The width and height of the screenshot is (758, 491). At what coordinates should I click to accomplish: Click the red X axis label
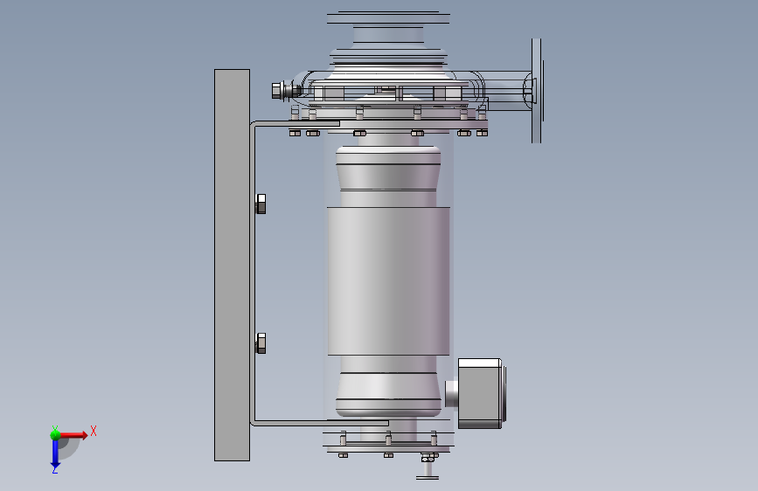tap(94, 431)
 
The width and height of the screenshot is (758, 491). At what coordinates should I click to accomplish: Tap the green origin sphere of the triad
tap(56, 434)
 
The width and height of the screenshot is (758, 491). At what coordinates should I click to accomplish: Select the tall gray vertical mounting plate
tap(232, 265)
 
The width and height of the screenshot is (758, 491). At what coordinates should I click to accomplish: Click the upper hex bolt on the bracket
tap(261, 204)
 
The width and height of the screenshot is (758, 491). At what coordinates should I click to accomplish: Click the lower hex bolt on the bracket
tap(261, 343)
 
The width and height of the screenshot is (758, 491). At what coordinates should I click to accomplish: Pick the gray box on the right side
tap(480, 393)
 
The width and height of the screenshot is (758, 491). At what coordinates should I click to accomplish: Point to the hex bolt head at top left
tap(277, 90)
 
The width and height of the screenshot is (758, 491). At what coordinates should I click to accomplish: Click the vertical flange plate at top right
tap(537, 91)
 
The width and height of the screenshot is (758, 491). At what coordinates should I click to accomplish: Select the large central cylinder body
tap(389, 280)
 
